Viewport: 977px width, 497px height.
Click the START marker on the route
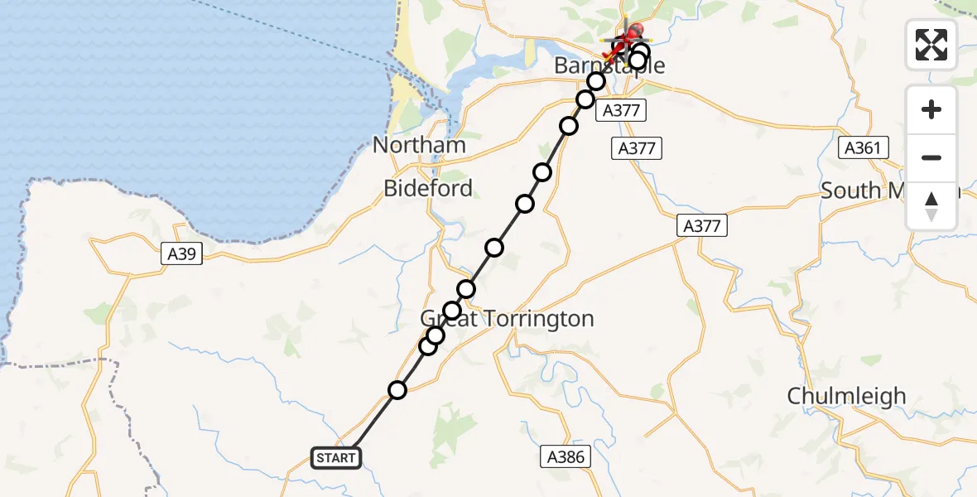335,457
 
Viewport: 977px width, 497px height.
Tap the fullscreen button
931,44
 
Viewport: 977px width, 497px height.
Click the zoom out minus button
931,157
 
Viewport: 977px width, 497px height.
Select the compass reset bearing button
931,206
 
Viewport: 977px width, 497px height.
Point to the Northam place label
419,145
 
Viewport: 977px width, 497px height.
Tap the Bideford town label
428,188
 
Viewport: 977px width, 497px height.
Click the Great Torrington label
507,319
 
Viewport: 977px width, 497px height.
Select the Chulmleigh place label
847,396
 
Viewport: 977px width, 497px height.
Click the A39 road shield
181,254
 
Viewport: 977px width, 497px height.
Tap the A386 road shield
567,456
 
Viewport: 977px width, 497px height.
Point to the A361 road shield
863,148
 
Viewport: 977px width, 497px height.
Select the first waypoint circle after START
398,390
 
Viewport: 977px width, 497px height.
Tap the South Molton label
886,191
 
